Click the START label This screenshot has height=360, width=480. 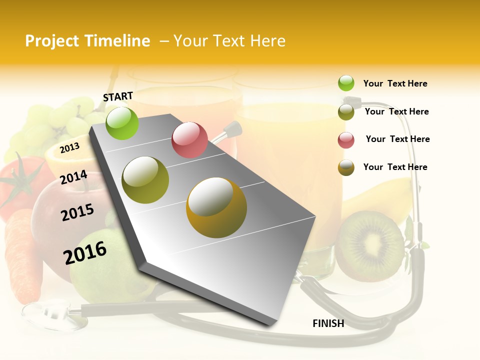click(x=118, y=96)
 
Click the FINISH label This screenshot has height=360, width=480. click(x=328, y=323)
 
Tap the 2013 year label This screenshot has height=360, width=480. click(x=69, y=147)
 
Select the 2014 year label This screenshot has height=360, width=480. click(x=73, y=177)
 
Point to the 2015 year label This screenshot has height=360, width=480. click(x=77, y=212)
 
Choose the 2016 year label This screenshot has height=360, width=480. click(x=85, y=252)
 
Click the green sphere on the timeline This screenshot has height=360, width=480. click(x=122, y=123)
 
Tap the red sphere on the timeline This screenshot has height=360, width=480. click(x=189, y=140)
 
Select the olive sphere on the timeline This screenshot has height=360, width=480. click(x=145, y=180)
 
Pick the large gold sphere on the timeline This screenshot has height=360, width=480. click(x=216, y=207)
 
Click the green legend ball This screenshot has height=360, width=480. click(x=346, y=83)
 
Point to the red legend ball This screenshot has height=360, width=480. click(x=346, y=140)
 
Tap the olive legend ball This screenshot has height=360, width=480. click(x=346, y=112)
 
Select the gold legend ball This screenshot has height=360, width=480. click(x=346, y=167)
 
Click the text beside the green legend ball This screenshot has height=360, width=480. click(x=395, y=83)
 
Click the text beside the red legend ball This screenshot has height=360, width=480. click(x=397, y=139)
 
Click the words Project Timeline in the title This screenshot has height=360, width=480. click(x=87, y=41)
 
